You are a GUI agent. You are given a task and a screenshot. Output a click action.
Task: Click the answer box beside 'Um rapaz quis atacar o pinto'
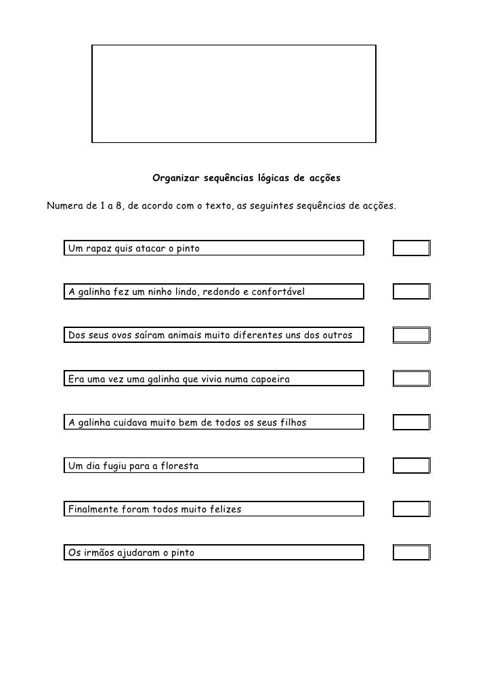pyautogui.click(x=411, y=248)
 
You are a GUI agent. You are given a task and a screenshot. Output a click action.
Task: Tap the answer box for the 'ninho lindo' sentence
pyautogui.click(x=411, y=291)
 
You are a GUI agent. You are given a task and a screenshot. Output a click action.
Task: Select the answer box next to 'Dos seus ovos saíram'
pyautogui.click(x=411, y=335)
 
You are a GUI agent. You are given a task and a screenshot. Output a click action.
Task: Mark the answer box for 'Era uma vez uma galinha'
pyautogui.click(x=411, y=378)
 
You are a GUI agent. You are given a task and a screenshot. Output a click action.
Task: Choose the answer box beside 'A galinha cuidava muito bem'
pyautogui.click(x=411, y=422)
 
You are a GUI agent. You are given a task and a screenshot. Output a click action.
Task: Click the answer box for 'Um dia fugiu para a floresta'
pyautogui.click(x=411, y=466)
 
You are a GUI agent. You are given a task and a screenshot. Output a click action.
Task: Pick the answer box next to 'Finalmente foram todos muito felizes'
pyautogui.click(x=411, y=509)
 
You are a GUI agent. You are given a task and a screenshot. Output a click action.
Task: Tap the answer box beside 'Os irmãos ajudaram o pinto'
pyautogui.click(x=411, y=552)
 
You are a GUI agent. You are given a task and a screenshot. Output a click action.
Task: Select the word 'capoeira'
pyautogui.click(x=267, y=379)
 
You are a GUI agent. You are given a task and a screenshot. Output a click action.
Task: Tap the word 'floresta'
pyautogui.click(x=177, y=466)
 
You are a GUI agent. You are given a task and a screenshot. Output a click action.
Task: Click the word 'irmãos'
pyautogui.click(x=101, y=553)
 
